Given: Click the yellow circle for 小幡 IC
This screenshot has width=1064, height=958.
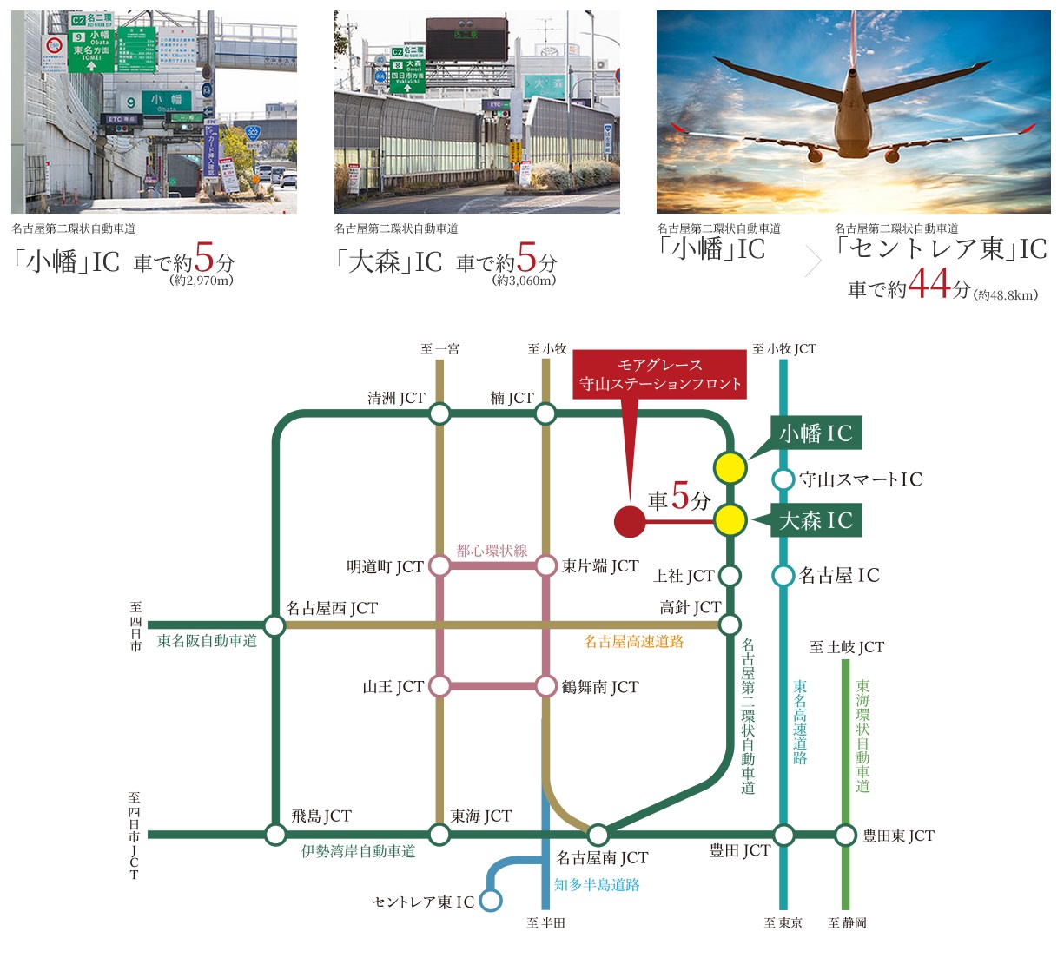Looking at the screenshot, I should (x=730, y=468).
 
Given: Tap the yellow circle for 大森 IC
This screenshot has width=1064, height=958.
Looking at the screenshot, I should (x=730, y=521).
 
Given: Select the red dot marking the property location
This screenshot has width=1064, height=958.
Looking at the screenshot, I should (x=630, y=521).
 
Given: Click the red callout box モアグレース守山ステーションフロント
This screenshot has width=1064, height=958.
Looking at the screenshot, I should (x=660, y=374).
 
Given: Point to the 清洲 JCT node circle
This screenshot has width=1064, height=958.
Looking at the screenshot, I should (x=439, y=413).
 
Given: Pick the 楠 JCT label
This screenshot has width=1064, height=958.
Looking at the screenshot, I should (x=512, y=398).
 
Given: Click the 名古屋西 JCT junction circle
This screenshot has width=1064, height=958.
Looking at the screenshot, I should (x=274, y=625).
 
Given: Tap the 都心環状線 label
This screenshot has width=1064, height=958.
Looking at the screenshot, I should (x=492, y=551).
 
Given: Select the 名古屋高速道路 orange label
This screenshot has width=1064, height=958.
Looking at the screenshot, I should (x=633, y=642).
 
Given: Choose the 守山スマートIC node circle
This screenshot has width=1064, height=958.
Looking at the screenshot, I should (x=783, y=479).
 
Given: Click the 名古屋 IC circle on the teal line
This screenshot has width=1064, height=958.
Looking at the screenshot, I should (x=783, y=575).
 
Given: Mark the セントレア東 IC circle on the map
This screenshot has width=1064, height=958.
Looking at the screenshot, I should (x=491, y=901).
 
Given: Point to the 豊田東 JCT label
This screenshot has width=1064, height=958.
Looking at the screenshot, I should (x=898, y=836).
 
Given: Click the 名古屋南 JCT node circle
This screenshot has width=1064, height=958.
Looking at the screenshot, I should (x=598, y=836).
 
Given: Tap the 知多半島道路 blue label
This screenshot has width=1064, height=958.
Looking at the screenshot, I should (x=597, y=885).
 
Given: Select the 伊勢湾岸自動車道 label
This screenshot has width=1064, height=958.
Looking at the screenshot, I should (x=358, y=852).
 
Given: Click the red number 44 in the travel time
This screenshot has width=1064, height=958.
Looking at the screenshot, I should (x=929, y=285).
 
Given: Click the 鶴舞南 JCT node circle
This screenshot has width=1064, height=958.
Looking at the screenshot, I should (x=545, y=686).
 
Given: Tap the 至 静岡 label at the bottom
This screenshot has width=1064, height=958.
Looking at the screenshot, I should (x=847, y=923).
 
